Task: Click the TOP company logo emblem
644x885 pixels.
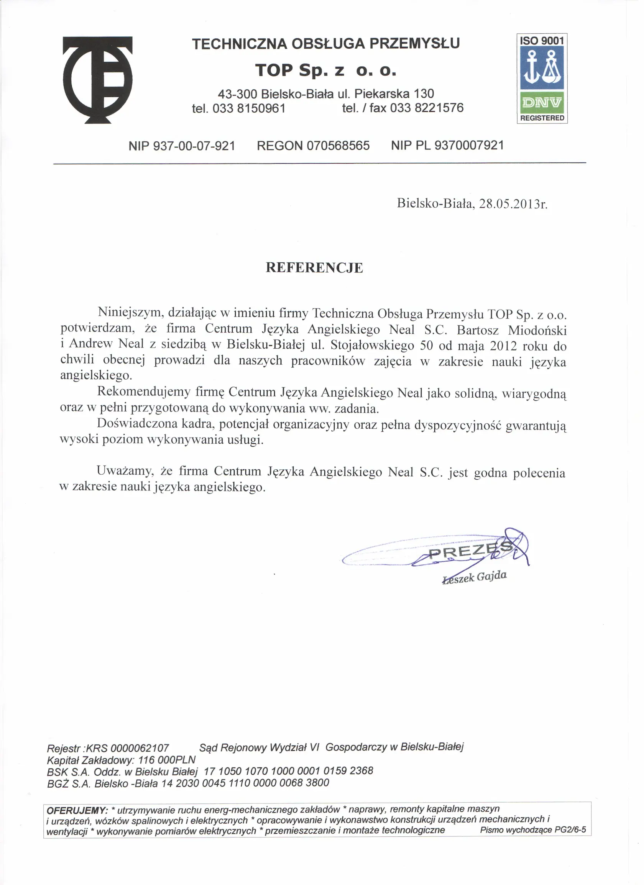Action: [x=98, y=80]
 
